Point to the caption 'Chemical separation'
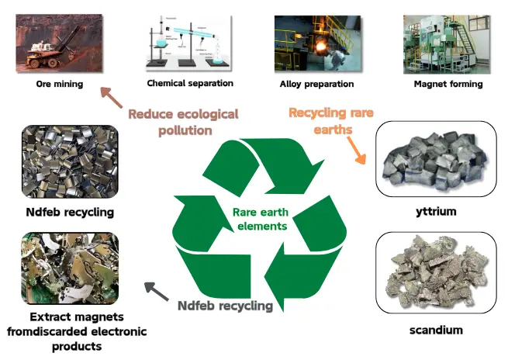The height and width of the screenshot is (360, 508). click(190, 83)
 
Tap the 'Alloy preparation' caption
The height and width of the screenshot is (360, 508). click(316, 84)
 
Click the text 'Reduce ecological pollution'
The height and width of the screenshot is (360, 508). click(183, 122)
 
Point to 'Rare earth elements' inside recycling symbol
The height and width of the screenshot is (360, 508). click(260, 219)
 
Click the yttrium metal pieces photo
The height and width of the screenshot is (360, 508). click(435, 158)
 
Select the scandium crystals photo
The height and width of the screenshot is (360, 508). click(435, 268)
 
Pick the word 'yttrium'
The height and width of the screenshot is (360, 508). click(435, 210)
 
